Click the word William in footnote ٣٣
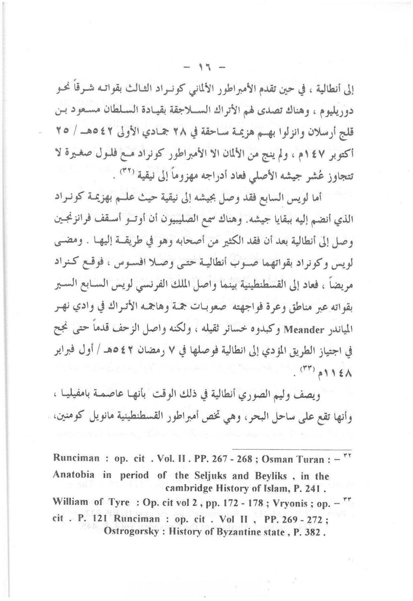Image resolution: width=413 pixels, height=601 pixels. (70, 502)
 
